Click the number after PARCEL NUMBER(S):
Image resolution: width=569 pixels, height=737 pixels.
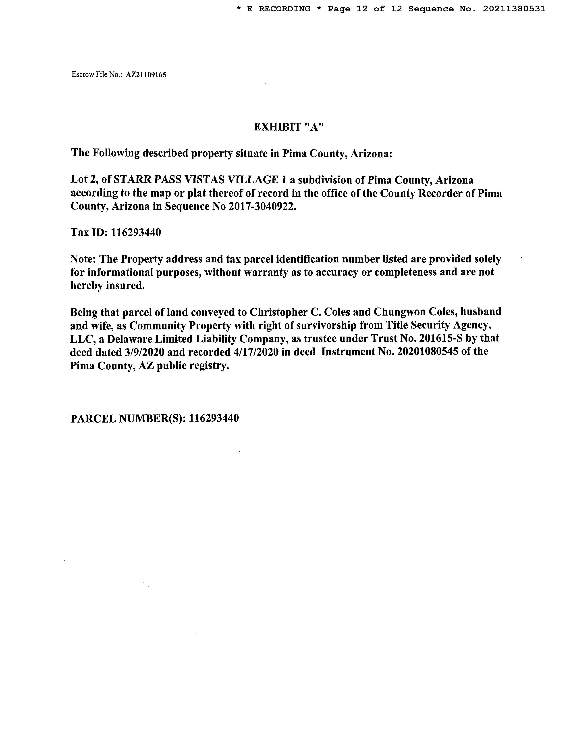pyautogui.click(x=214, y=419)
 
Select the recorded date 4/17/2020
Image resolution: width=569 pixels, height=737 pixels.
pyautogui.click(x=256, y=352)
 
